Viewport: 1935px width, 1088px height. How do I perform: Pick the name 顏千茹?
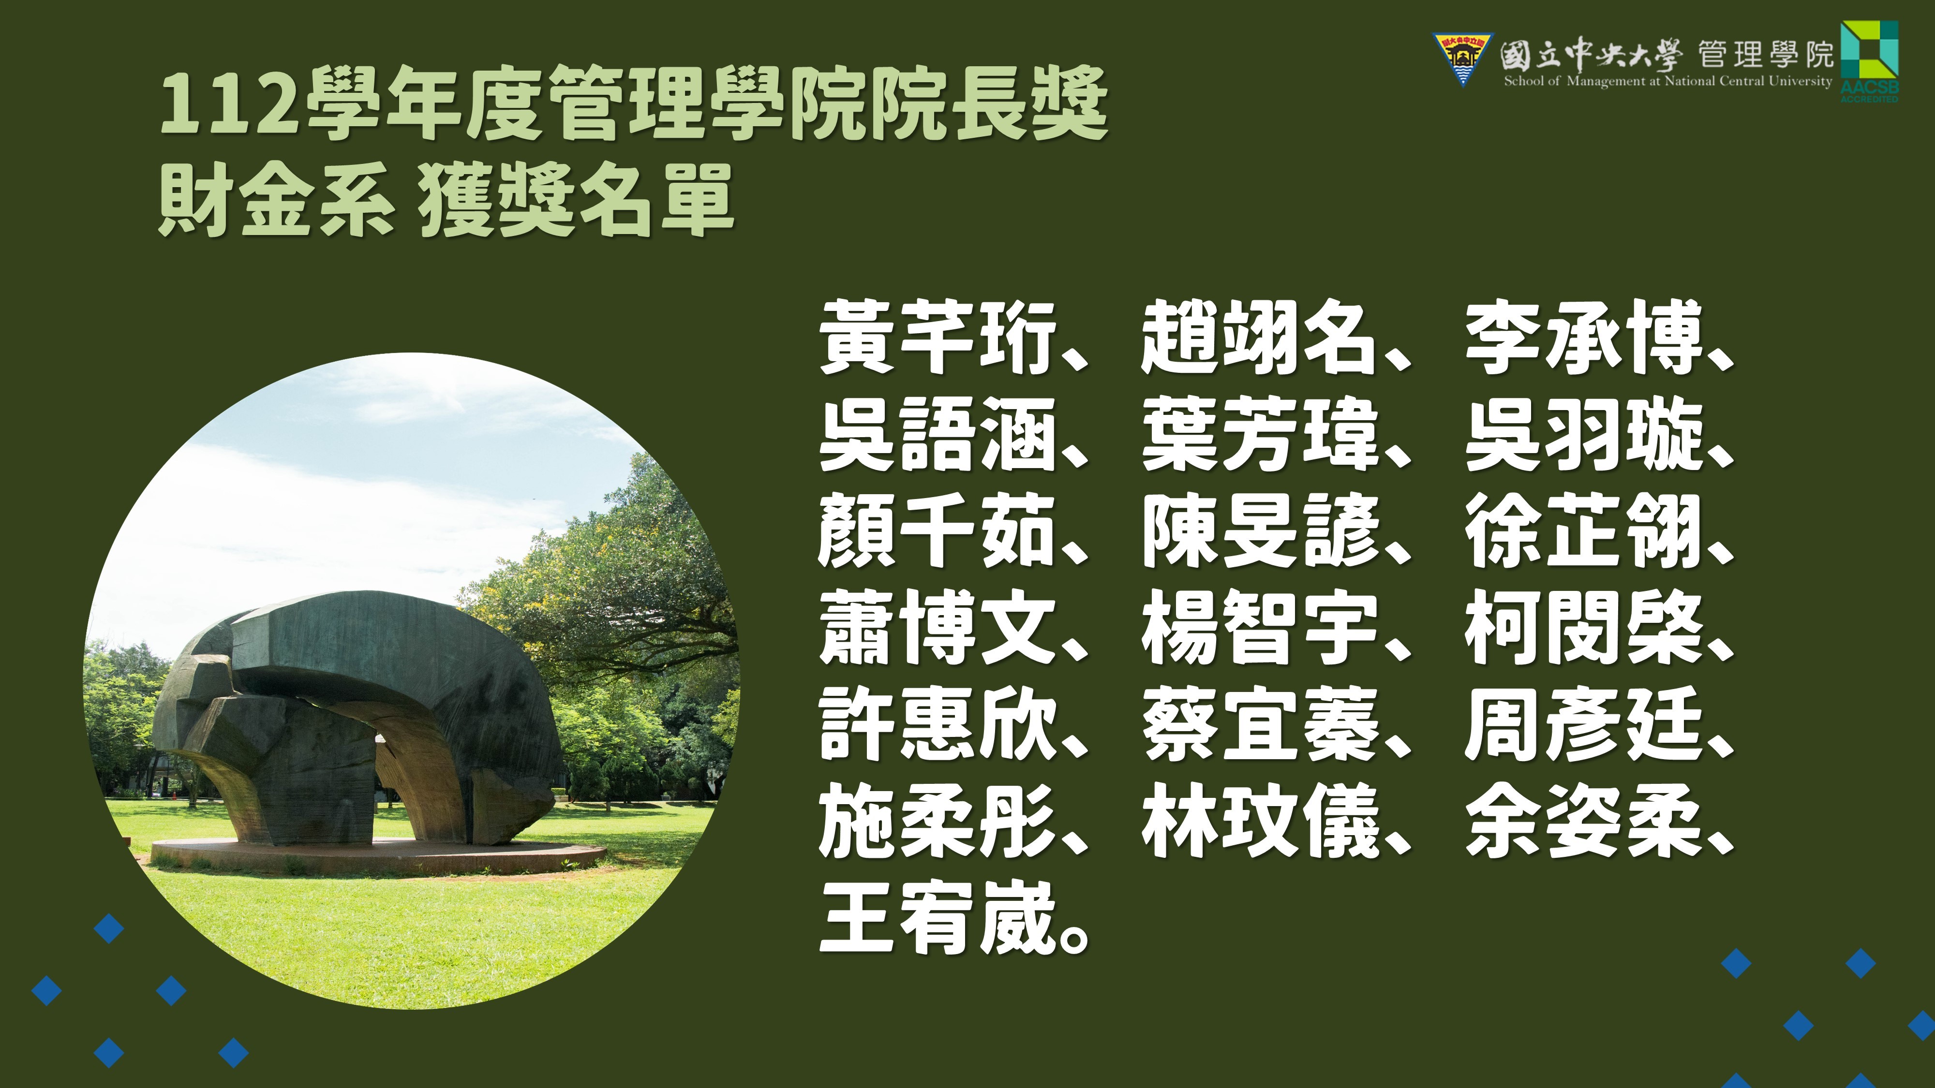[938, 531]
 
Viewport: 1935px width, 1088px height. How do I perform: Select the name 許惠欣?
[938, 724]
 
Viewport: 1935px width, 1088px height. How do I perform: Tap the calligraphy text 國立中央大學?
[1589, 54]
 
